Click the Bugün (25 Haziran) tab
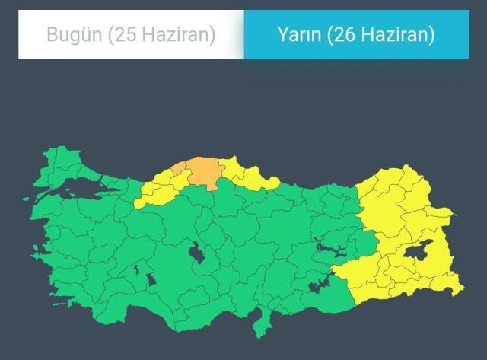click(131, 35)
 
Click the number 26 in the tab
click(342, 35)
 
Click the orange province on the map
click(201, 171)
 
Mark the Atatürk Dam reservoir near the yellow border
click(317, 287)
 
